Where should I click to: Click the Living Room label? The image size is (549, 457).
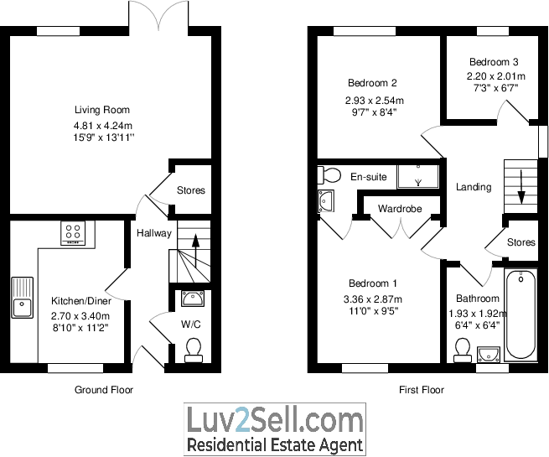[101, 110]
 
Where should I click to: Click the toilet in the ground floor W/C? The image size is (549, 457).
[194, 348]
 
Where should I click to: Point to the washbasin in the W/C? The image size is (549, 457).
[194, 297]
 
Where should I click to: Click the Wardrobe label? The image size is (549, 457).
[399, 208]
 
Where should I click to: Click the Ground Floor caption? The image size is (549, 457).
[104, 390]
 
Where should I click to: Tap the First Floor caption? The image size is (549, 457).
[421, 390]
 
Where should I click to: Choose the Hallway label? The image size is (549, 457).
[154, 234]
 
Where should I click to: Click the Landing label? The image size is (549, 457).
[474, 187]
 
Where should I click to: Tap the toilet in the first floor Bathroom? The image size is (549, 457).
[460, 348]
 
